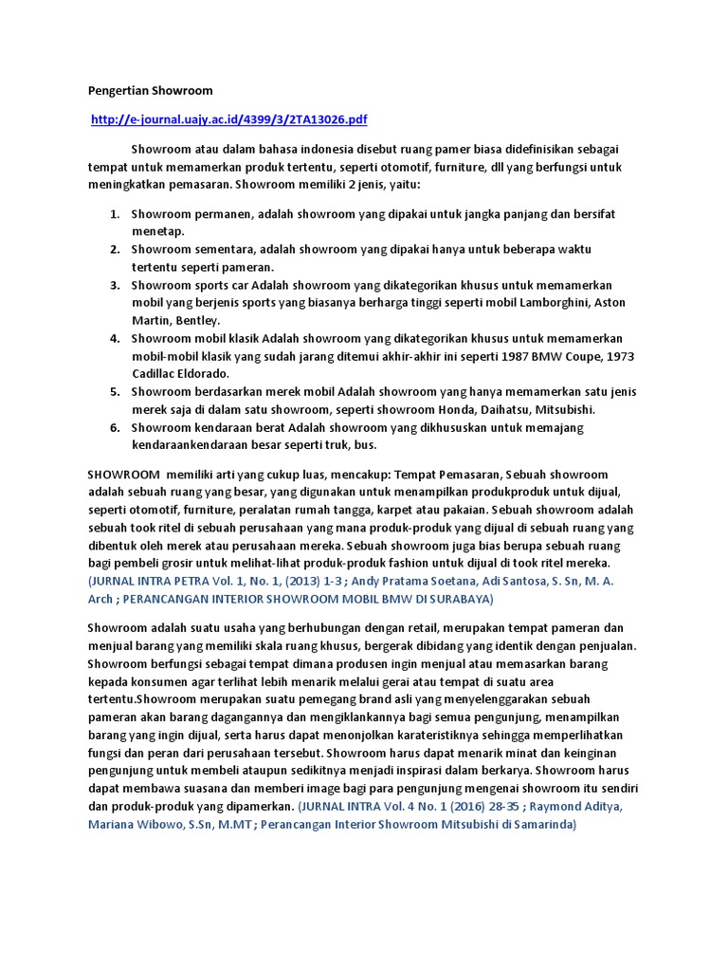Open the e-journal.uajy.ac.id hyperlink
point(228,119)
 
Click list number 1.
point(113,214)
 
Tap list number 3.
point(113,285)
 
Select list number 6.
point(113,428)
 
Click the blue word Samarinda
point(540,824)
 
